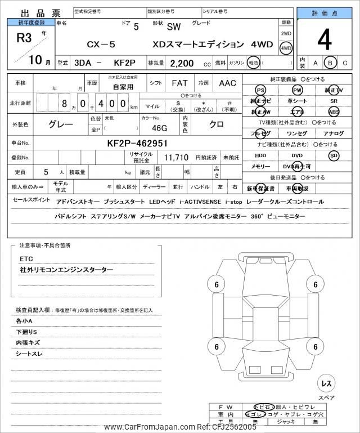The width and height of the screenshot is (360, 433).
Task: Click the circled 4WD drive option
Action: [x=286, y=48]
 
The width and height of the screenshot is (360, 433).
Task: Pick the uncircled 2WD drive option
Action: [x=286, y=34]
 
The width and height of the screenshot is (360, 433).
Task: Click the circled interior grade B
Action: [x=331, y=63]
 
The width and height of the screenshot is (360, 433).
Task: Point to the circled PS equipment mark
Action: [x=260, y=90]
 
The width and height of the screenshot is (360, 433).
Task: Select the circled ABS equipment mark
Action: [x=334, y=111]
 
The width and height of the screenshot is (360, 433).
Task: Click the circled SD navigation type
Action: [x=334, y=155]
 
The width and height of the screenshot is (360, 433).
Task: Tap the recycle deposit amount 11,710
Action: [x=176, y=157]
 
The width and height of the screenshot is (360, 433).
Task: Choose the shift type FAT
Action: [x=179, y=83]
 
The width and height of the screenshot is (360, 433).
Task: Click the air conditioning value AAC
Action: [x=227, y=83]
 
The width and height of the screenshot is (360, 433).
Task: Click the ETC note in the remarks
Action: [x=26, y=259]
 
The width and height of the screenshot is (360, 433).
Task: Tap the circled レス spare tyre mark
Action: [x=326, y=383]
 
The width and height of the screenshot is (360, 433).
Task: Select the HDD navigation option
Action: [x=260, y=155]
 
